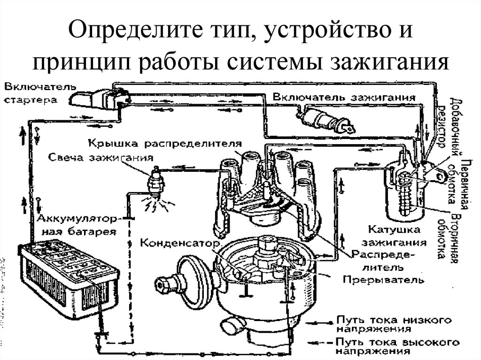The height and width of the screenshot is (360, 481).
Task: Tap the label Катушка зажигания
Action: [x=397, y=237]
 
